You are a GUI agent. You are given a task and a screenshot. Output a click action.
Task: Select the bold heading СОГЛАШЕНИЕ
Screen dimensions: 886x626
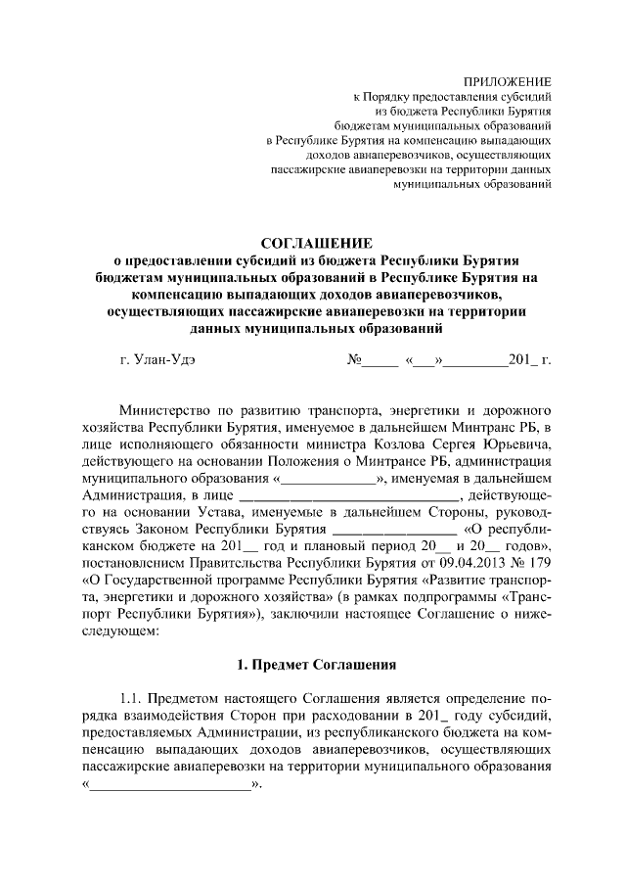coord(315,243)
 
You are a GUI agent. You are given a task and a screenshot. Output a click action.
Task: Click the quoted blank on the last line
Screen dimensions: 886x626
coord(168,785)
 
